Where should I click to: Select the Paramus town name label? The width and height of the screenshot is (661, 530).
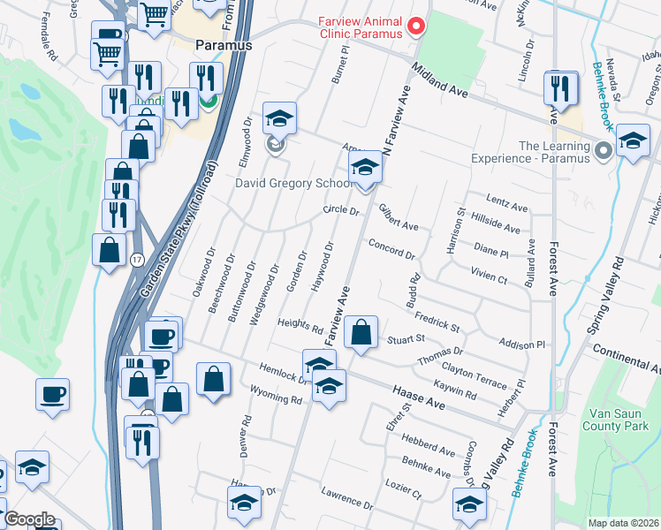click(224, 45)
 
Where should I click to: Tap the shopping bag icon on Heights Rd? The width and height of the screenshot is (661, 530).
click(361, 333)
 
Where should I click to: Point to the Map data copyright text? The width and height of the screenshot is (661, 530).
click(624, 523)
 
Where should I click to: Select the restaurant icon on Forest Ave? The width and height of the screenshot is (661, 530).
click(561, 88)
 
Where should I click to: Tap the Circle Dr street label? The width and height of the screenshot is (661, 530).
click(341, 211)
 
